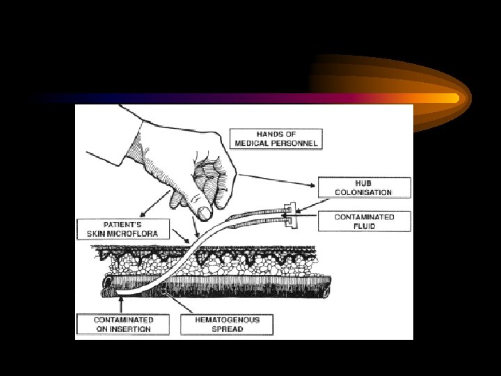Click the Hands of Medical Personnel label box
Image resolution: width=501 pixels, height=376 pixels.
(x=277, y=139)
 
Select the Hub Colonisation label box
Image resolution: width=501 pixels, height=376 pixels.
(x=364, y=187)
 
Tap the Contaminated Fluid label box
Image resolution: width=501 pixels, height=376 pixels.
(x=364, y=221)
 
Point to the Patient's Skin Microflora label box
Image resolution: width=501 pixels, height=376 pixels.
(x=122, y=229)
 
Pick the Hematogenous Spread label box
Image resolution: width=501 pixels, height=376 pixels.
(x=226, y=324)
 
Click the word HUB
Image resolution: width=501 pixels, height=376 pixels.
(x=364, y=182)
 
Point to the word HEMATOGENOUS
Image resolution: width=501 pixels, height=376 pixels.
(x=226, y=320)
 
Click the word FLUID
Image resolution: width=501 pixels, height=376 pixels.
(x=364, y=226)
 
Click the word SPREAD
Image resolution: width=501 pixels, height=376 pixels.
(x=226, y=329)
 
